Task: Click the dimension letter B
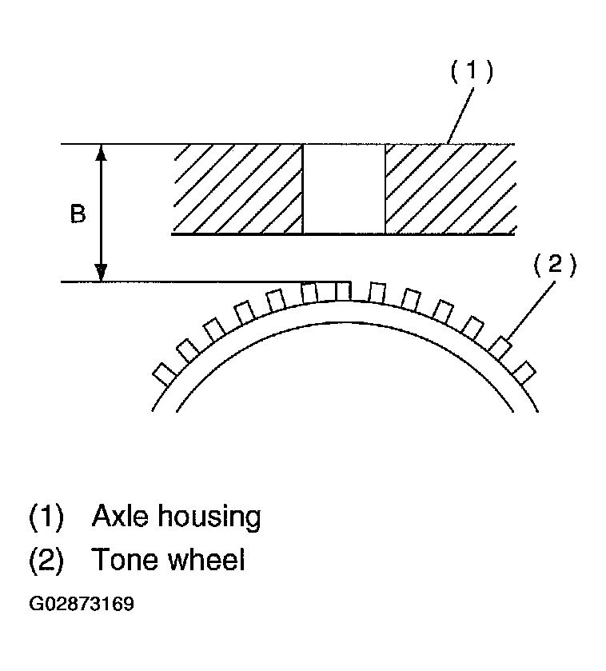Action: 78,215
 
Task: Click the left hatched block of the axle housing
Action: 237,189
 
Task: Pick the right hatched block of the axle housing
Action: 449,189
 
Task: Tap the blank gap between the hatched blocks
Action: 344,189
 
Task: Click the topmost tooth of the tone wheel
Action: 342,290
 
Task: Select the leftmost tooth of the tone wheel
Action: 164,373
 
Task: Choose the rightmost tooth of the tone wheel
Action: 524,373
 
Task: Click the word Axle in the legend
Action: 119,517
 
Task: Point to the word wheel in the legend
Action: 207,560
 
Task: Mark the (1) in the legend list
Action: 46,517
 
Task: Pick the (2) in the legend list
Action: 46,561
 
